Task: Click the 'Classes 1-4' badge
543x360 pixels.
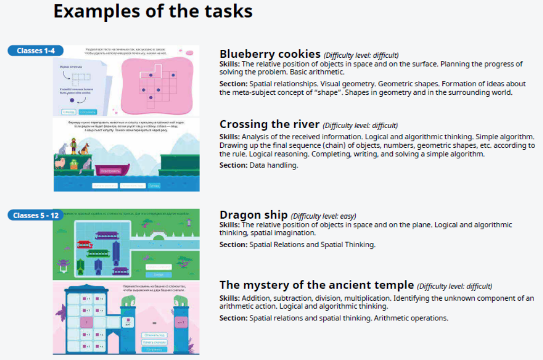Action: [35, 51]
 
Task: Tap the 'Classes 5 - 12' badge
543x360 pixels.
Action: [35, 215]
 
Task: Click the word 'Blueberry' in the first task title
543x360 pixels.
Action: [245, 54]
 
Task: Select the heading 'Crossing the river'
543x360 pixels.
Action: [269, 124]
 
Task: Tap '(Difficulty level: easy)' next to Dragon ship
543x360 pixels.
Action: [323, 216]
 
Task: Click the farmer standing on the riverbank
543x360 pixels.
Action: [74, 146]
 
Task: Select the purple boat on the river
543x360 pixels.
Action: [112, 169]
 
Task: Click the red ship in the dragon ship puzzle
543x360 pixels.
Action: [85, 245]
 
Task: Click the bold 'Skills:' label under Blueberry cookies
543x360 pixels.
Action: [230, 64]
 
